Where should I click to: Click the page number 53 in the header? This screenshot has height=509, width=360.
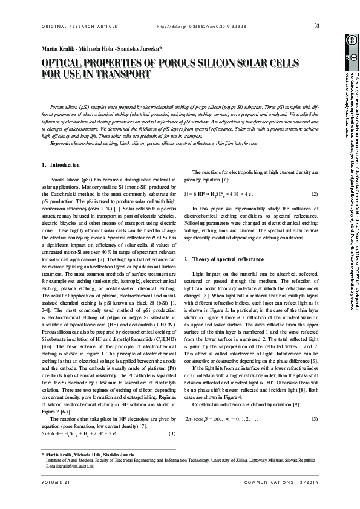click(x=317, y=25)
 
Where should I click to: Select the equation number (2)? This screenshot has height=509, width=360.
click(x=314, y=177)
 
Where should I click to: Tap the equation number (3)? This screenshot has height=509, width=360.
click(x=314, y=419)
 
